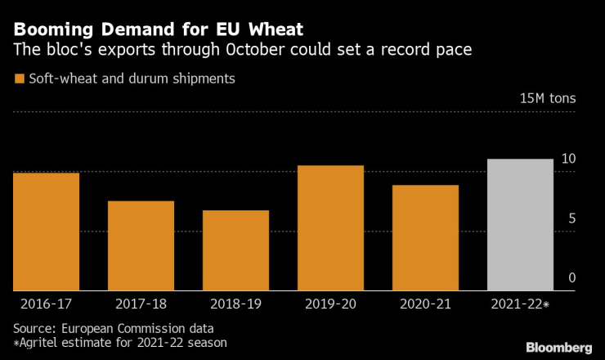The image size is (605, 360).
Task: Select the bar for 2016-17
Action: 46,232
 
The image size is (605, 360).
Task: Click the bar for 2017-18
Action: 141,245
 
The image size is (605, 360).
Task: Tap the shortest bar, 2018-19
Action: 235,250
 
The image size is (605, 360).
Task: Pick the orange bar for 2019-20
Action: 330,228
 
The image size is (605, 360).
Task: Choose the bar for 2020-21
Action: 425,238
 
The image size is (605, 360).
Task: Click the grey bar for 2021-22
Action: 520,225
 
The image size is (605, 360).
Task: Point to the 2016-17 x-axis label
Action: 46,304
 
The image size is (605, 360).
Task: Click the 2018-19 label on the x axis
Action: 235,304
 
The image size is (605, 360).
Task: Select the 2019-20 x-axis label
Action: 330,304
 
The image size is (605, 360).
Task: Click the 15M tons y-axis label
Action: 548,98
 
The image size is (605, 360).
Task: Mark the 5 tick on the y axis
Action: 572,218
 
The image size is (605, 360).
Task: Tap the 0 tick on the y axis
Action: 572,278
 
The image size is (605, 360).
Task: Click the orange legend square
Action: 19,79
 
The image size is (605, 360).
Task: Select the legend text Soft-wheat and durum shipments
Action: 131,79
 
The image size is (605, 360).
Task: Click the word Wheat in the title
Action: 268,30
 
